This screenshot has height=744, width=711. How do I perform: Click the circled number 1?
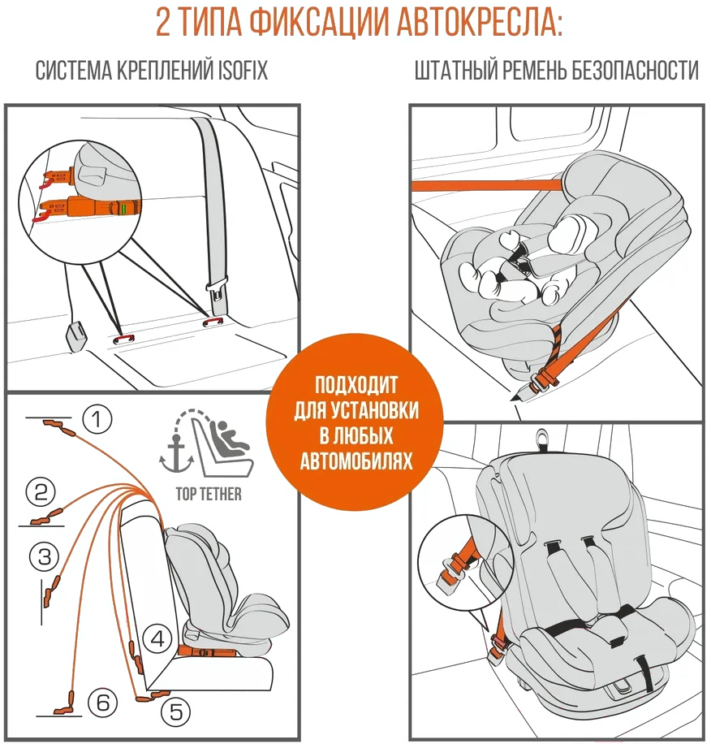(x=97, y=419)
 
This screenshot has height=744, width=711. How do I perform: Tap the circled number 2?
(x=41, y=491)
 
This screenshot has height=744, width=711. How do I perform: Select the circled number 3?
(x=44, y=556)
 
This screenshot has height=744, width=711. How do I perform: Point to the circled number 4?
(x=157, y=639)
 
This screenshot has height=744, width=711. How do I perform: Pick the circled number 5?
(x=176, y=712)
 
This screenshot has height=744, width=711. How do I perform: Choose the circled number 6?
(x=103, y=703)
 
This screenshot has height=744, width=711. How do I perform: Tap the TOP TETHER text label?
(x=209, y=494)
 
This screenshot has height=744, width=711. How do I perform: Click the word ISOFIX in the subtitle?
(x=242, y=71)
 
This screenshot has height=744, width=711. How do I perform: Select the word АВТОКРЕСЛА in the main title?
(x=480, y=21)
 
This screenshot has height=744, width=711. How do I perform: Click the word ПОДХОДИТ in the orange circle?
(x=356, y=385)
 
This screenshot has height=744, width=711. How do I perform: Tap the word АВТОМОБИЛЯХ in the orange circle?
(x=356, y=461)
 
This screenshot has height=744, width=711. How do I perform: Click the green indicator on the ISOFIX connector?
(x=123, y=209)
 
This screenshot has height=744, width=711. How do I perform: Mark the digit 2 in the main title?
(x=162, y=22)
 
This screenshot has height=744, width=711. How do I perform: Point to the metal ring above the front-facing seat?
(x=542, y=439)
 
